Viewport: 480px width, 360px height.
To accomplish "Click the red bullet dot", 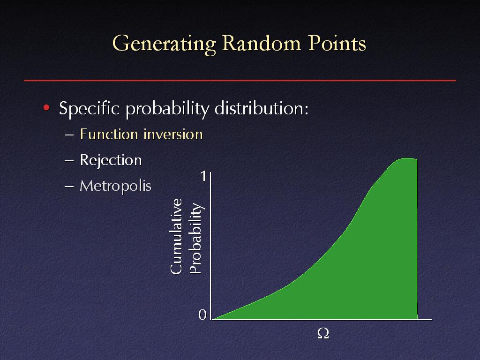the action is point(46,107).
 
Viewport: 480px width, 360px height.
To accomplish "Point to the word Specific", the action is point(89,109).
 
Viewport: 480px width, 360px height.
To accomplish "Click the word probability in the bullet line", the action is point(167,109).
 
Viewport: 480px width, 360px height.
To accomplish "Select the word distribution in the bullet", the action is point(261,108).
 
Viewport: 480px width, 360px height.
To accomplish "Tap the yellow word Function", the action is point(109,134).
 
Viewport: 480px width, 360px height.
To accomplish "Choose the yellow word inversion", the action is point(173,134).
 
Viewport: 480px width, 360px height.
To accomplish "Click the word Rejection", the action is point(111,160).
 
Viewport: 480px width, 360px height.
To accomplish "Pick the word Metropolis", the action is point(115,186).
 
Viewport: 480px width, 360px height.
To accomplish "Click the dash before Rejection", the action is point(69,160).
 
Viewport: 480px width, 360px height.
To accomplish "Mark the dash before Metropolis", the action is point(69,186).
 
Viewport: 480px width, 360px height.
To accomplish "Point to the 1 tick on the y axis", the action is point(203,176).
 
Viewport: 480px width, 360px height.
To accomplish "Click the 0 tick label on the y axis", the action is point(202,315).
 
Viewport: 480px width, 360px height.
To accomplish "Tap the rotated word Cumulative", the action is point(176,236).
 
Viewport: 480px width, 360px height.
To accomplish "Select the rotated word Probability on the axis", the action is point(195,238).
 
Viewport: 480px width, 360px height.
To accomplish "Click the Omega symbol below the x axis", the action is point(323,333).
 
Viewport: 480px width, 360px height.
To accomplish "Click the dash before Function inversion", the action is point(69,135).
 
